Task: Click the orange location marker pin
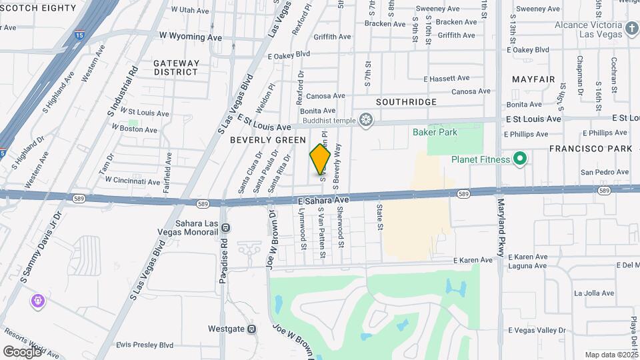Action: [320, 158]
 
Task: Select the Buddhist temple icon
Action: [365, 120]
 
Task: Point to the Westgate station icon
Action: [251, 329]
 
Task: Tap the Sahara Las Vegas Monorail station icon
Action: [225, 227]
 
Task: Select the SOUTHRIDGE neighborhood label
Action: [406, 102]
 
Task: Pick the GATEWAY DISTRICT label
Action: [176, 67]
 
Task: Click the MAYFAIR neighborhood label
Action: [533, 79]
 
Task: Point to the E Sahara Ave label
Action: [323, 200]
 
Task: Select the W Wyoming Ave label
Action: [190, 37]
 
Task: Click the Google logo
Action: [22, 351]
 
